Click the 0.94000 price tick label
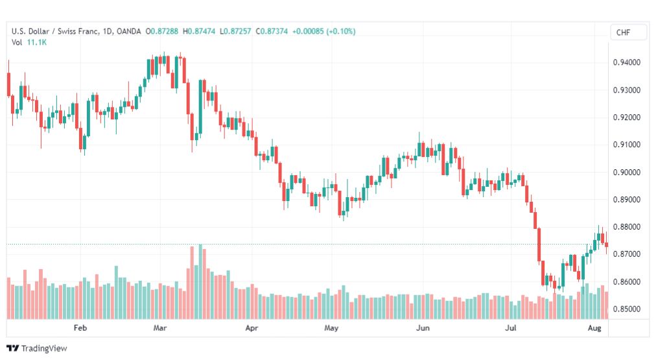pos(626,63)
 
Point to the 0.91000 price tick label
pos(626,145)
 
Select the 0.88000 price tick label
pos(626,227)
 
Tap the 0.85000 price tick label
pos(626,309)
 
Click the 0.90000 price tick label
pos(626,173)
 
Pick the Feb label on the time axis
pos(80,328)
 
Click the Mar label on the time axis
pos(160,328)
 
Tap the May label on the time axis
pos(331,328)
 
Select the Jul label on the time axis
pos(510,328)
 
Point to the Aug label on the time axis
pos(594,328)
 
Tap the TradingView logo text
pos(44,348)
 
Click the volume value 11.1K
pos(37,42)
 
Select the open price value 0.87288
pos(164,31)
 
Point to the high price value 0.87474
pos(201,31)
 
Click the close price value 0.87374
pos(274,31)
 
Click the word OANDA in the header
pos(129,31)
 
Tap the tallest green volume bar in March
pos(200,282)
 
